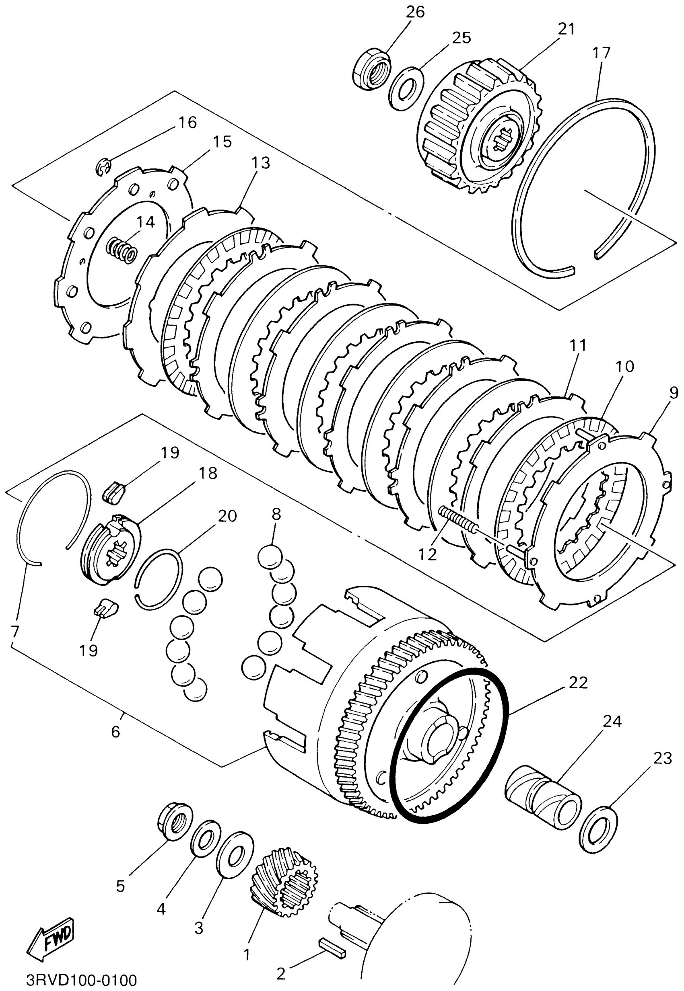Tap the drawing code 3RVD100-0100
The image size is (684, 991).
point(81,980)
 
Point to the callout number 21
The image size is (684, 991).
point(566,29)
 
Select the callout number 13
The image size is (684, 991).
point(261,163)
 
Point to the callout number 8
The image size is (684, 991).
point(276,514)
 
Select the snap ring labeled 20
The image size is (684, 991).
point(158,578)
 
